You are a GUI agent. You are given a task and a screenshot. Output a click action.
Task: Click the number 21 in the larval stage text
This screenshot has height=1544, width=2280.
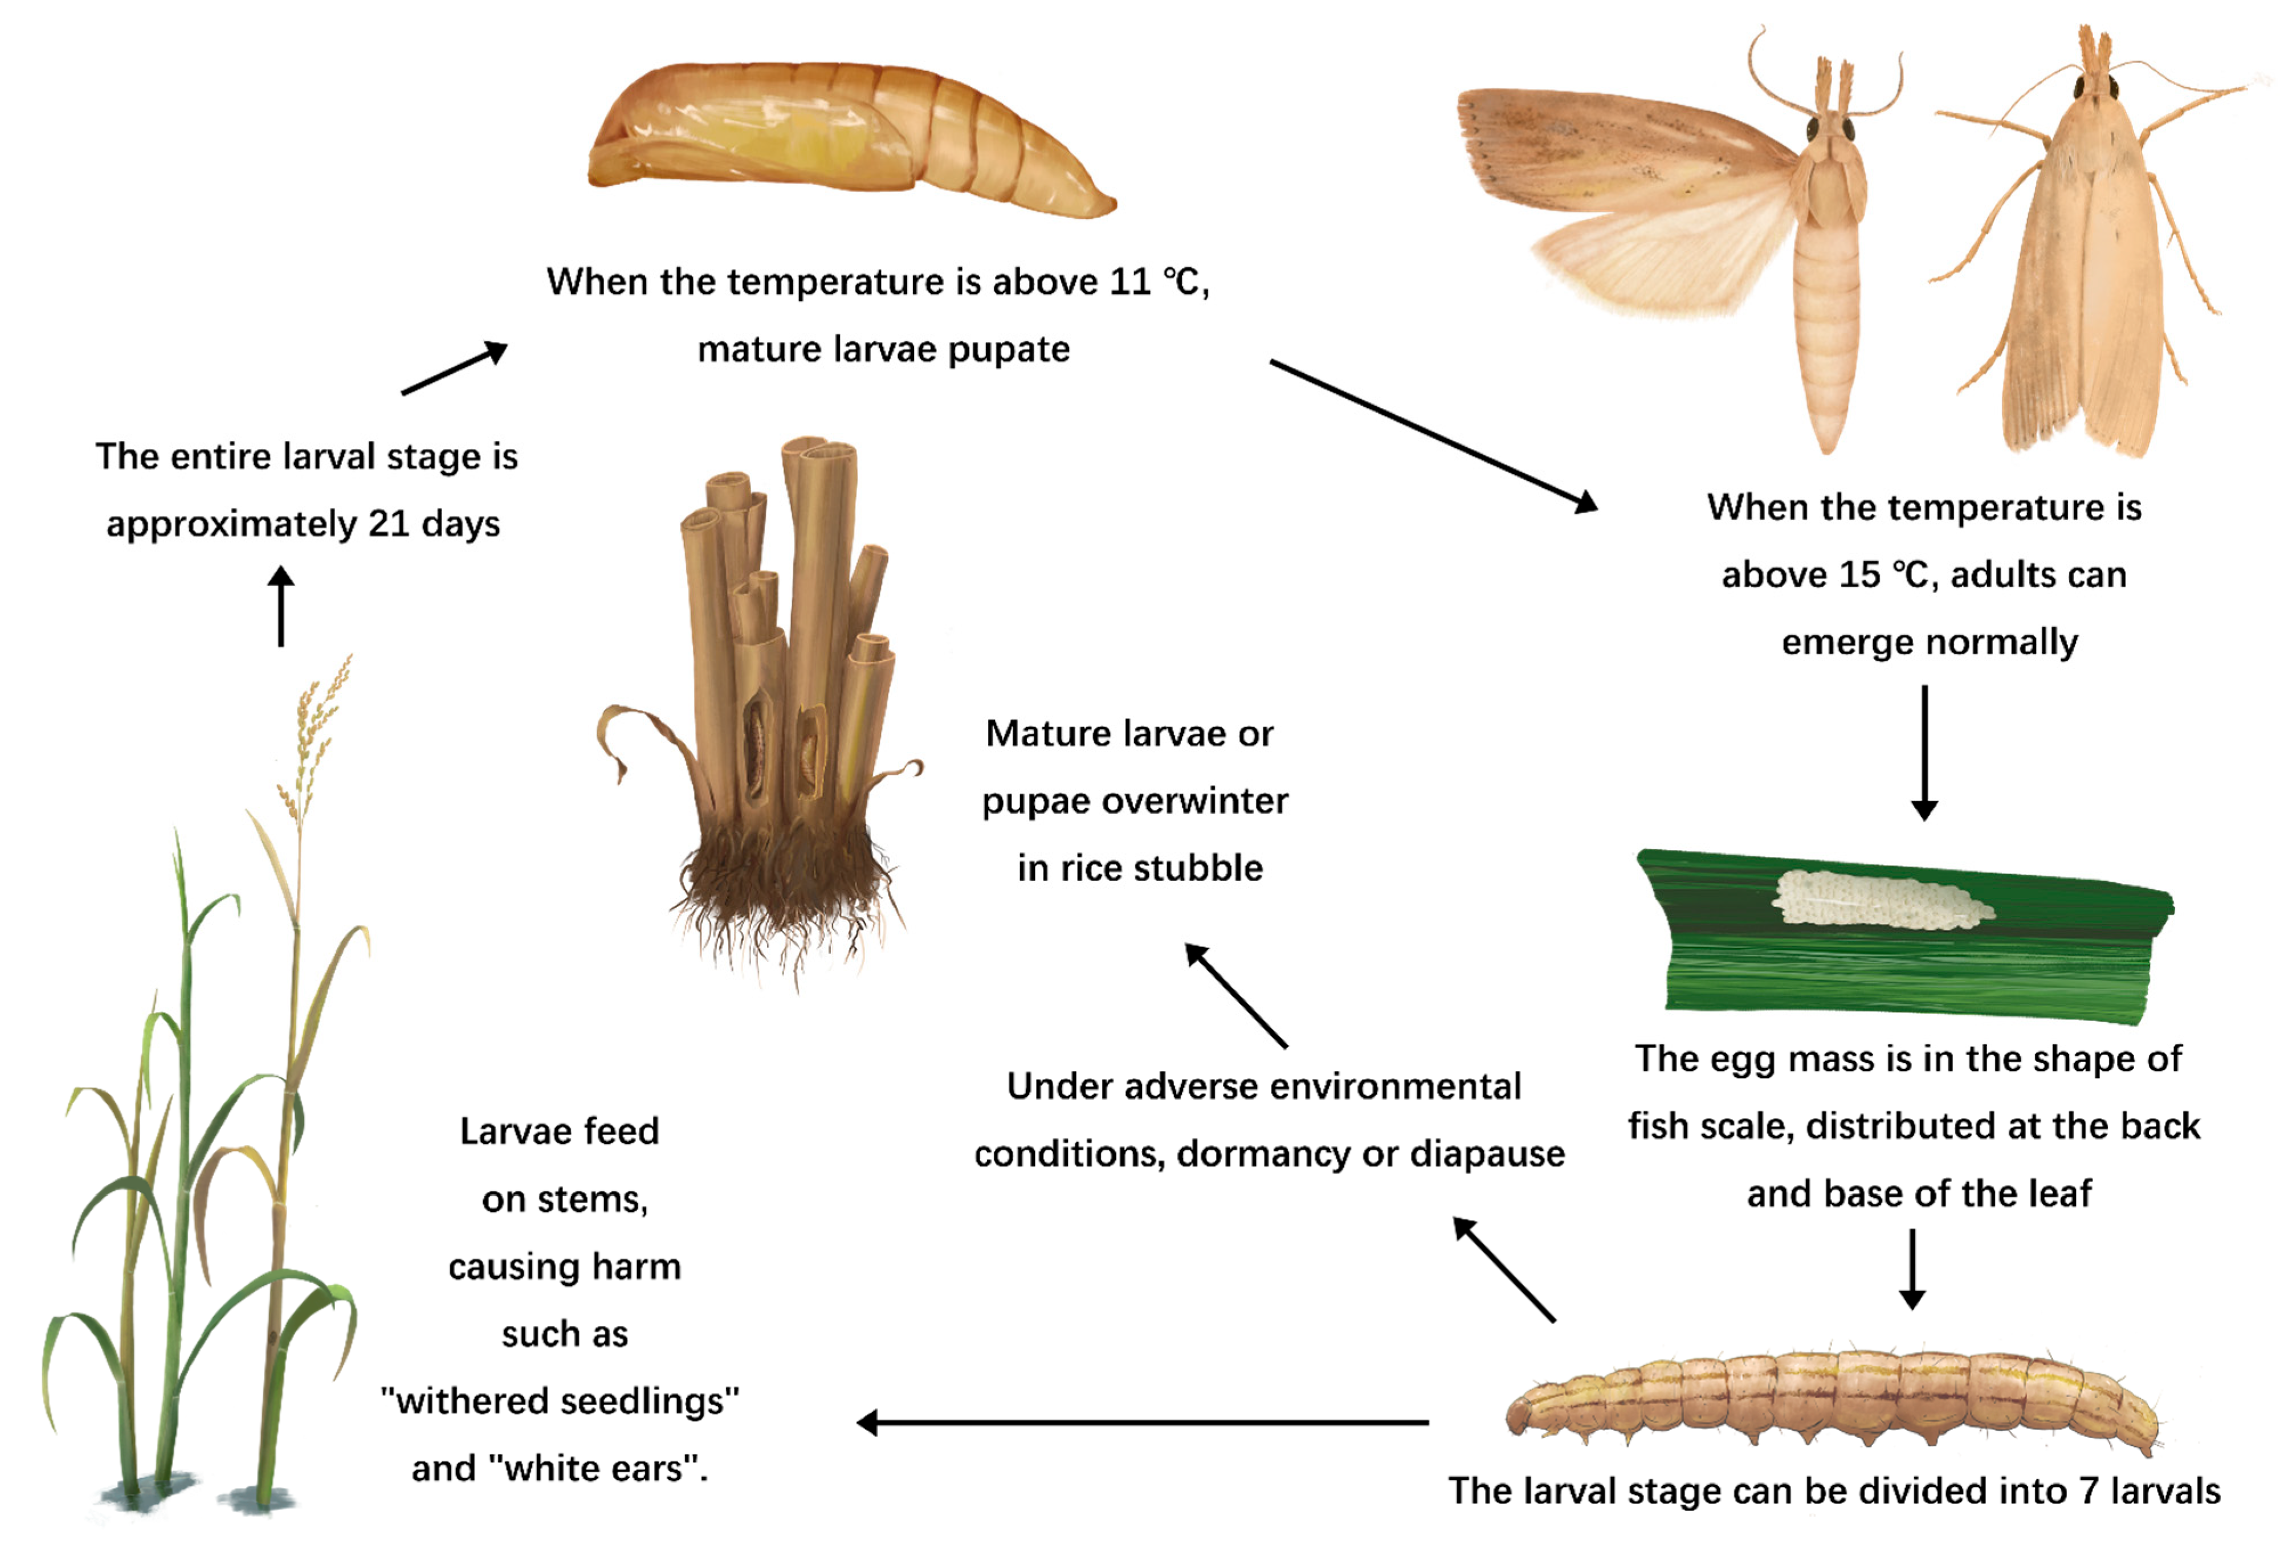[x=389, y=524]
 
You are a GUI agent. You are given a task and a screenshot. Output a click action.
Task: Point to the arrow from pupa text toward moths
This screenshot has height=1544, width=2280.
[x=1433, y=435]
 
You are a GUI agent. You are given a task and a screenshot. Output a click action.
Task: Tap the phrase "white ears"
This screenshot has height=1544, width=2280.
[x=594, y=1468]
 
